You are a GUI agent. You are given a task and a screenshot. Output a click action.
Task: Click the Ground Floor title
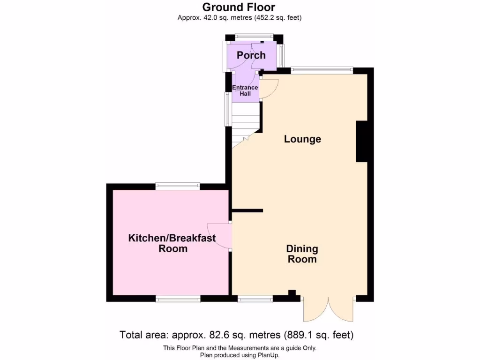[x=239, y=7]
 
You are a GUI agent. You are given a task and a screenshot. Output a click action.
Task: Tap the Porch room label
[x=251, y=55]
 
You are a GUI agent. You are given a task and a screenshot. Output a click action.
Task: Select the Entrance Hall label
[x=245, y=90]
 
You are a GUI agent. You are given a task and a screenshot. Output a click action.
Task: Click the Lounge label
[x=302, y=139]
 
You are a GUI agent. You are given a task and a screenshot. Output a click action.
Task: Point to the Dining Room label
[x=302, y=254]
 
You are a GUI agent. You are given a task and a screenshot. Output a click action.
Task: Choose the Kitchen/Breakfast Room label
[x=172, y=243]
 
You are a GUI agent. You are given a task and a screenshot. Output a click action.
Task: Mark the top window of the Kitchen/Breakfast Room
[x=178, y=186]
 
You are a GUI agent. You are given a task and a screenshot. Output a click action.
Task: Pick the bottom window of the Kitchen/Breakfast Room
[x=178, y=299]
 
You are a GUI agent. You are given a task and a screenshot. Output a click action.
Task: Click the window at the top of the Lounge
[x=322, y=70]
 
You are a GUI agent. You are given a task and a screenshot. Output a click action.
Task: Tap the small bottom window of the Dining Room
[x=255, y=299]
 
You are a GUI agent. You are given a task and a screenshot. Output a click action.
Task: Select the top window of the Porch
[x=254, y=37]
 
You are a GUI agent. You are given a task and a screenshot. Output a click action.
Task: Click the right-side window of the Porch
[x=281, y=55]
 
